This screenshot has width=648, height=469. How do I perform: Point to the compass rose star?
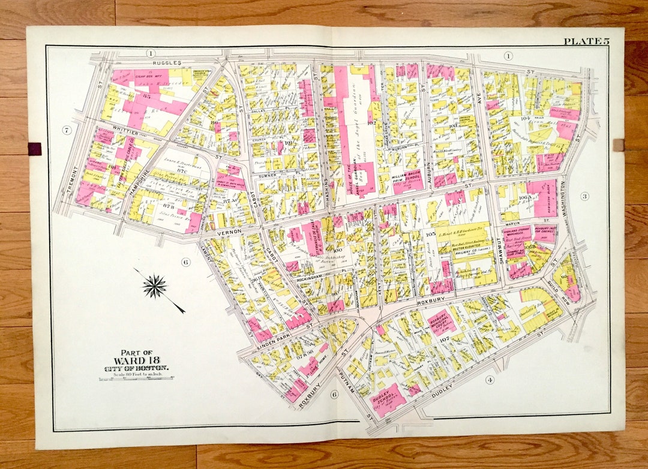click(155, 286)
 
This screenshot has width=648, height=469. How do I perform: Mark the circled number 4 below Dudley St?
click(490, 380)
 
